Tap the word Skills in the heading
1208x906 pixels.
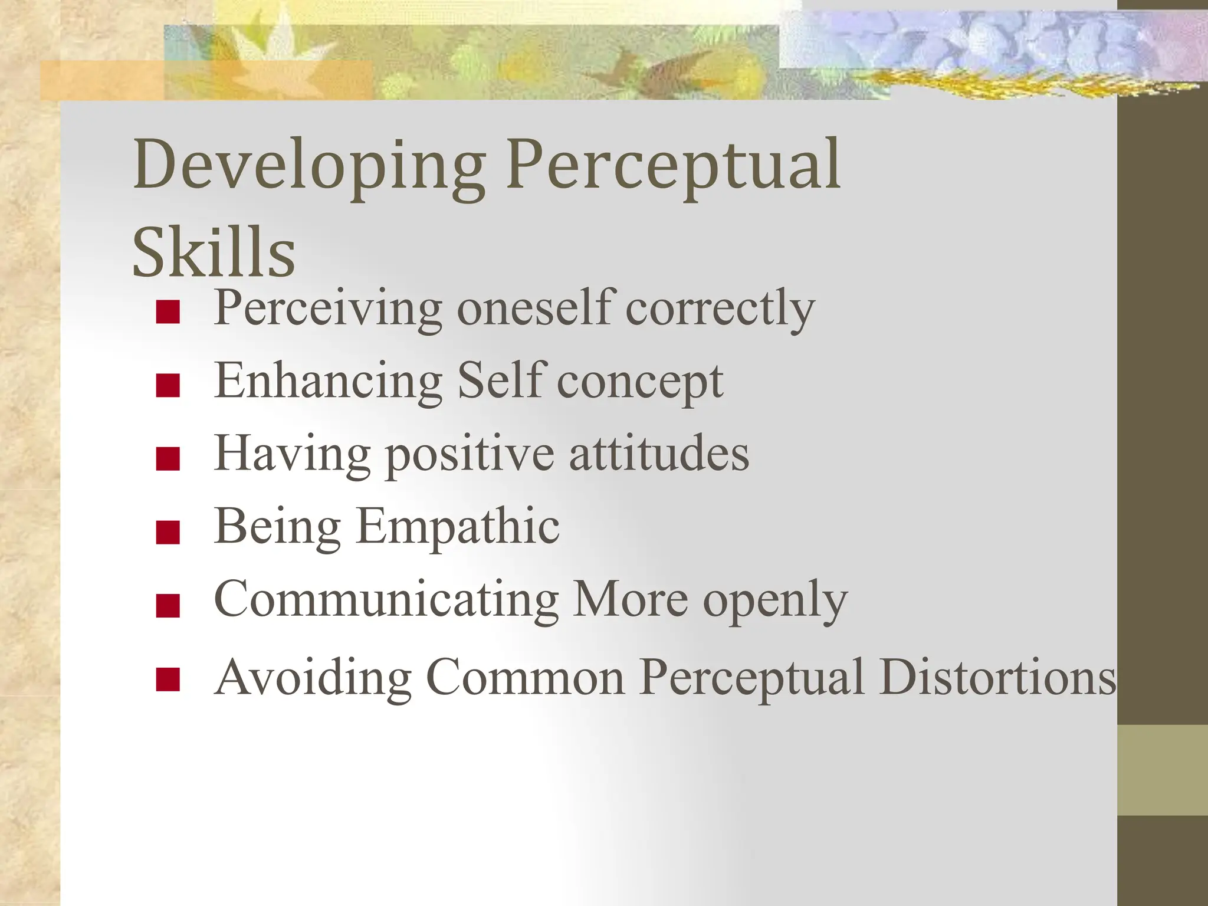214,252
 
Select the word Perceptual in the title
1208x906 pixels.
674,165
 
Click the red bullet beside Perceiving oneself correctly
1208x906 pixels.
168,313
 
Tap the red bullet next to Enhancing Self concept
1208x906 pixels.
168,386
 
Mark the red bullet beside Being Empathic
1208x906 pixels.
168,531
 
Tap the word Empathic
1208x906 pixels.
458,527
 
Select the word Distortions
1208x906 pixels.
997,677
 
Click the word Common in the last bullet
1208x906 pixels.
525,677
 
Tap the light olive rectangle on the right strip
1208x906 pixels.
1162,770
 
